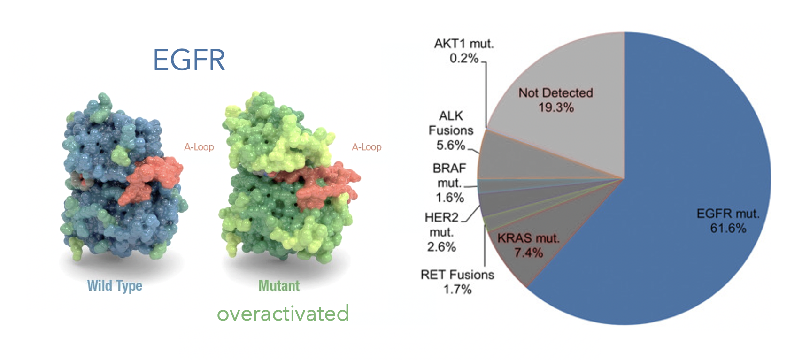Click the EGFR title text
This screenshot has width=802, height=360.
coord(189,60)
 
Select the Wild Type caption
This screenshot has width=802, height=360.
coord(115,286)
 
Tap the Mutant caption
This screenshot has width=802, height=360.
coord(279,285)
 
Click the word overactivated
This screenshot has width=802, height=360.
coord(283,314)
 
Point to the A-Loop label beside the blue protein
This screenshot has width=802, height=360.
coord(199,147)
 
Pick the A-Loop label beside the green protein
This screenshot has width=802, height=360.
coord(366,147)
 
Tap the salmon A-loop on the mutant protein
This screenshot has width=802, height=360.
coord(315,184)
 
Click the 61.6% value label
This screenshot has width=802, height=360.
coord(728,228)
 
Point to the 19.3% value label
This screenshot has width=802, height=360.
coord(556,107)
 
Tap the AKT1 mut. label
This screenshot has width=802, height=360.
coord(463,44)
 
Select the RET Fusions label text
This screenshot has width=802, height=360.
coord(457,275)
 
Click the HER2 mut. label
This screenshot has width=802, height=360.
coord(441,225)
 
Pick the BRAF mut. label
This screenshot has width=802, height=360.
coord(450,176)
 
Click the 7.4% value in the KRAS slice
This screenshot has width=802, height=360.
coord(528,253)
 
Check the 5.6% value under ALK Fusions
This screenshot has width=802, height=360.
coord(450,146)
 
